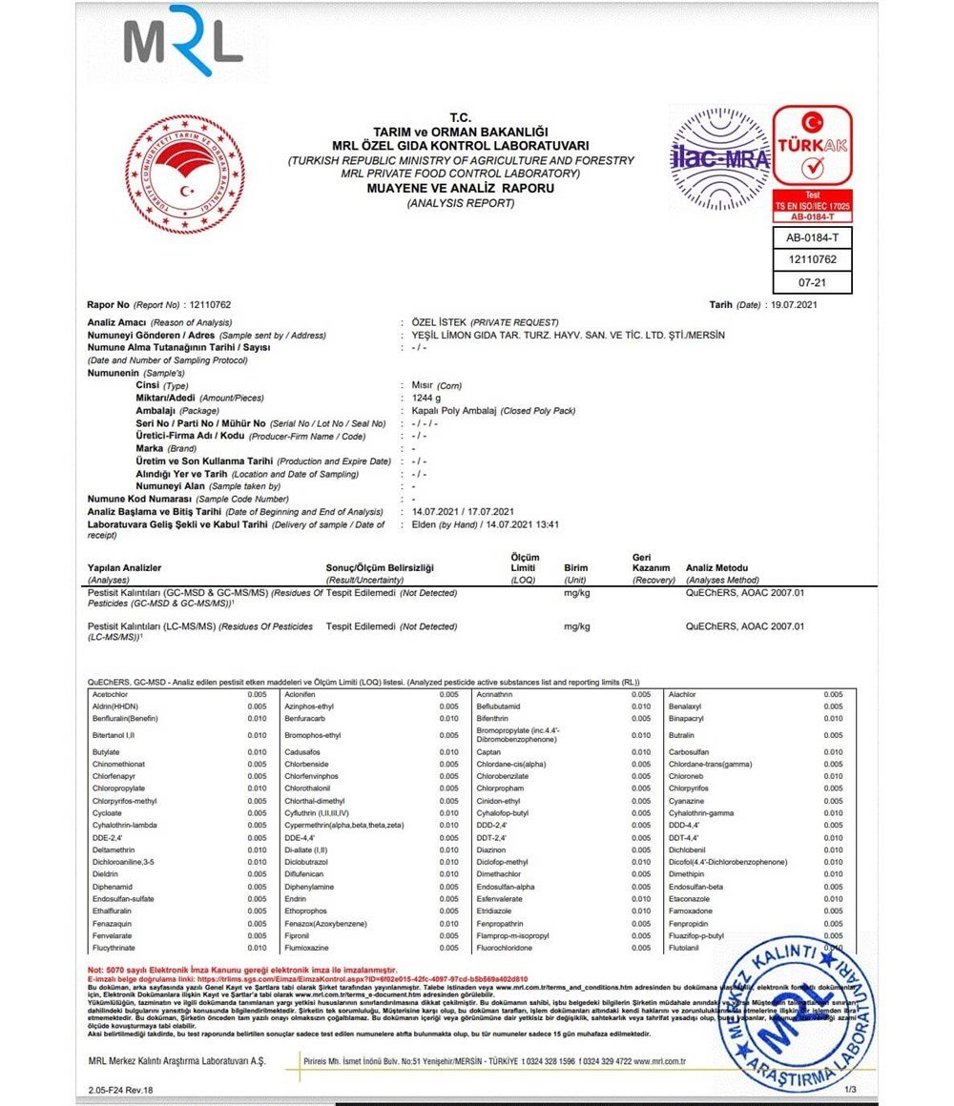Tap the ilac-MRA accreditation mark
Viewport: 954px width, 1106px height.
pyautogui.click(x=719, y=158)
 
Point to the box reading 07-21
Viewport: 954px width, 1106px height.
pyautogui.click(x=812, y=282)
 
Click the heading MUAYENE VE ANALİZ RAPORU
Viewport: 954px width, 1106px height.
pyautogui.click(x=461, y=189)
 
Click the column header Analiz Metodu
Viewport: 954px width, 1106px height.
pyautogui.click(x=716, y=568)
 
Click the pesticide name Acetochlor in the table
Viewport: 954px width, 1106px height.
pyautogui.click(x=111, y=694)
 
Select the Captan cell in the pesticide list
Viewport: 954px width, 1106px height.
pyautogui.click(x=489, y=752)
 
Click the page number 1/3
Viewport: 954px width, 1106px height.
pyautogui.click(x=850, y=1088)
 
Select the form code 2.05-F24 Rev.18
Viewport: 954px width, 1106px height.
pyautogui.click(x=120, y=1088)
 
